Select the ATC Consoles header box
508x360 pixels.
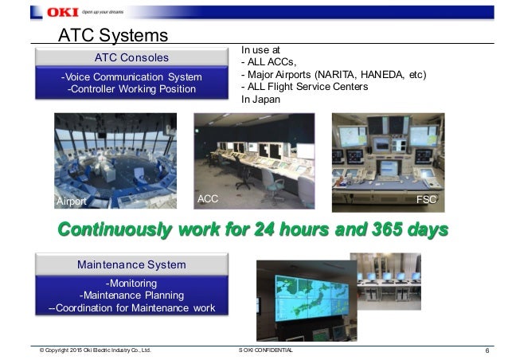pyautogui.click(x=132, y=57)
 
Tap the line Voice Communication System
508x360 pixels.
pyautogui.click(x=133, y=76)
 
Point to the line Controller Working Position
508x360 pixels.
pyautogui.click(x=132, y=88)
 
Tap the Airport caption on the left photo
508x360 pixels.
pyautogui.click(x=71, y=202)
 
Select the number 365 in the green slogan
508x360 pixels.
pyautogui.click(x=373, y=229)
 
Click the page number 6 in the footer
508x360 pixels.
pyautogui.click(x=486, y=350)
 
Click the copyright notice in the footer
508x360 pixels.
pyautogui.click(x=95, y=350)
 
